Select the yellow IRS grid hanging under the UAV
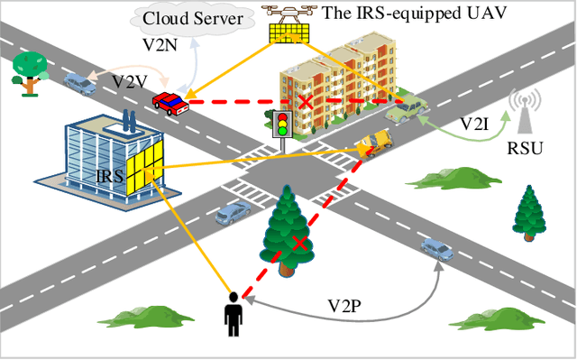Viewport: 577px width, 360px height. click(293, 32)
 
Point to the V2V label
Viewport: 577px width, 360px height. click(130, 81)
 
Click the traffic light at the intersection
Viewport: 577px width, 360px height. click(282, 124)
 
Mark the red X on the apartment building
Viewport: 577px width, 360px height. click(307, 102)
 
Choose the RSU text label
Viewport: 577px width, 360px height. click(526, 148)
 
